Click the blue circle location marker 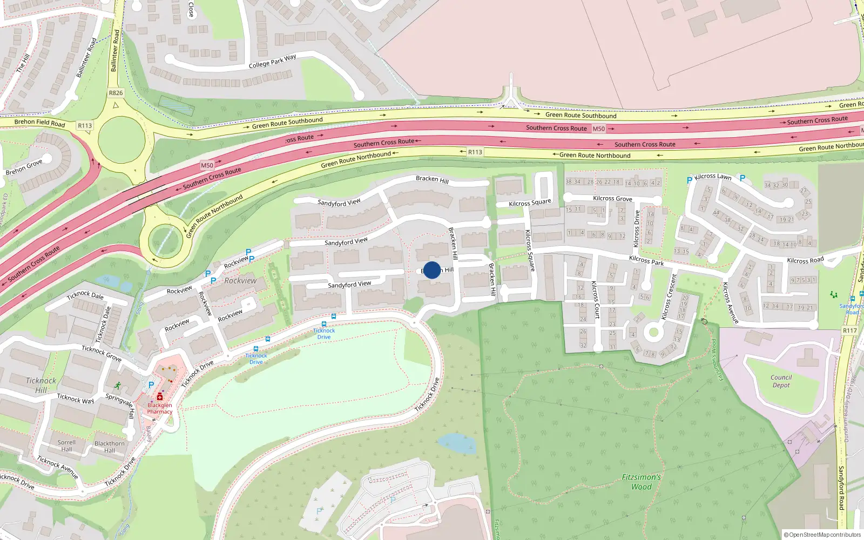432,270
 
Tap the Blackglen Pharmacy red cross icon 160,397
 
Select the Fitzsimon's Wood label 642,482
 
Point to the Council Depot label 781,381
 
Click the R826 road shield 116,93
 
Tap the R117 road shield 849,330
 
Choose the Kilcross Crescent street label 669,296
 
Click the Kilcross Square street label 530,250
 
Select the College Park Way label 272,62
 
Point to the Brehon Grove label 24,167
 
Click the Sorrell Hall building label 66,446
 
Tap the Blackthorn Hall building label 110,447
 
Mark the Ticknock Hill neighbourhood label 41,385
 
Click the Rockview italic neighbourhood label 240,281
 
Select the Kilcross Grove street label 612,198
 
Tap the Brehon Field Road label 39,123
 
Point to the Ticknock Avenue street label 58,468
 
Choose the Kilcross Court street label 596,300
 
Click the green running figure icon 118,386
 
